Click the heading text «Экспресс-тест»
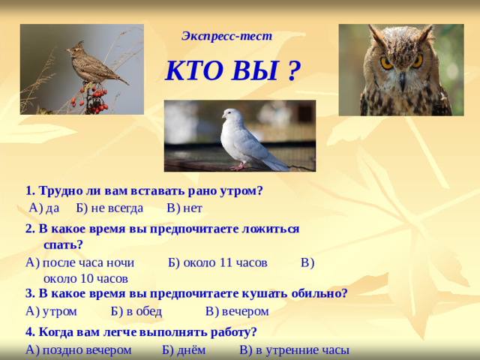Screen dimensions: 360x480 pos(226,35)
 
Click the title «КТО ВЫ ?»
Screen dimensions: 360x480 pos(232,72)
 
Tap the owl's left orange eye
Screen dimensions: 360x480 pos(386,63)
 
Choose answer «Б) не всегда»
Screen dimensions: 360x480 pos(109,208)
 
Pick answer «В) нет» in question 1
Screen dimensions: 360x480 pos(184,208)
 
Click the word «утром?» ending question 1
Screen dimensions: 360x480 pos(240,190)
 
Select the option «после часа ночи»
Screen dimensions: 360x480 pos(88,262)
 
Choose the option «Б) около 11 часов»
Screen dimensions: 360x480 pos(217,262)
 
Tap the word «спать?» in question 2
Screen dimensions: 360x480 pos(63,244)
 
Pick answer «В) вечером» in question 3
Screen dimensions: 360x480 pos(236,310)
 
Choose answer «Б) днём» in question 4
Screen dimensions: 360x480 pos(182,350)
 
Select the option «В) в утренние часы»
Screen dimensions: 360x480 pos(294,350)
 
